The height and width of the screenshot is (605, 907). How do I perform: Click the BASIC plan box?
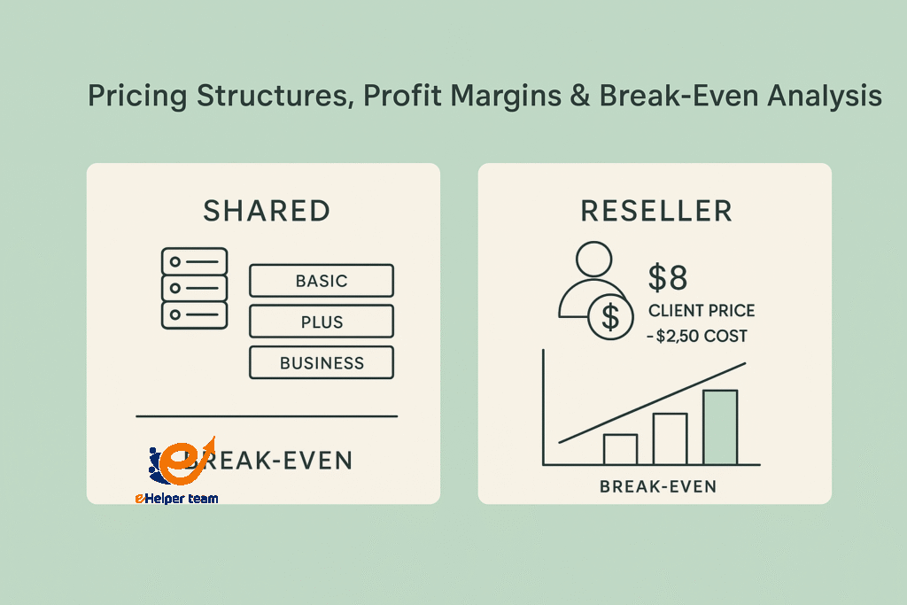[x=322, y=281]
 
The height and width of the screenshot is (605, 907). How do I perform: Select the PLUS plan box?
[x=322, y=322]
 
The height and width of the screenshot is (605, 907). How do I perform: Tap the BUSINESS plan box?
[x=322, y=362]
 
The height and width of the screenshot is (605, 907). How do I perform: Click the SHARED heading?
[x=267, y=211]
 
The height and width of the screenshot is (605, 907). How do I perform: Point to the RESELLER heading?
[x=656, y=211]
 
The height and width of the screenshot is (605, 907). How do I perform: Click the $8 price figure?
[x=668, y=277]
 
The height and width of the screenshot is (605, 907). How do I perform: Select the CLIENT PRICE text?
[x=702, y=312]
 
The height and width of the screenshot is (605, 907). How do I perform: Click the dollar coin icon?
[x=610, y=317]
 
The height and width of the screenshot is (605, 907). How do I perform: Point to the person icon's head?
[x=594, y=261]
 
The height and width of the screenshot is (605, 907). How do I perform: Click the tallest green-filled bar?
[x=720, y=427]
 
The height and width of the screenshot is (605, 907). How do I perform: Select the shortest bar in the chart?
[x=620, y=449]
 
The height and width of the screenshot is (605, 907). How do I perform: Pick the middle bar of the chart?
[x=670, y=438]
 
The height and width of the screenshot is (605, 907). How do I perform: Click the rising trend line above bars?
[x=651, y=402]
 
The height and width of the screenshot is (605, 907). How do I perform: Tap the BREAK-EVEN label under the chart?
[x=657, y=486]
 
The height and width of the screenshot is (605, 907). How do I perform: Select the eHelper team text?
[x=176, y=499]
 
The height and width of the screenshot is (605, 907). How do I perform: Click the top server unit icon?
[x=194, y=261]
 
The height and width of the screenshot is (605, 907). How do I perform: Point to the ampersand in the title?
[x=578, y=97]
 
